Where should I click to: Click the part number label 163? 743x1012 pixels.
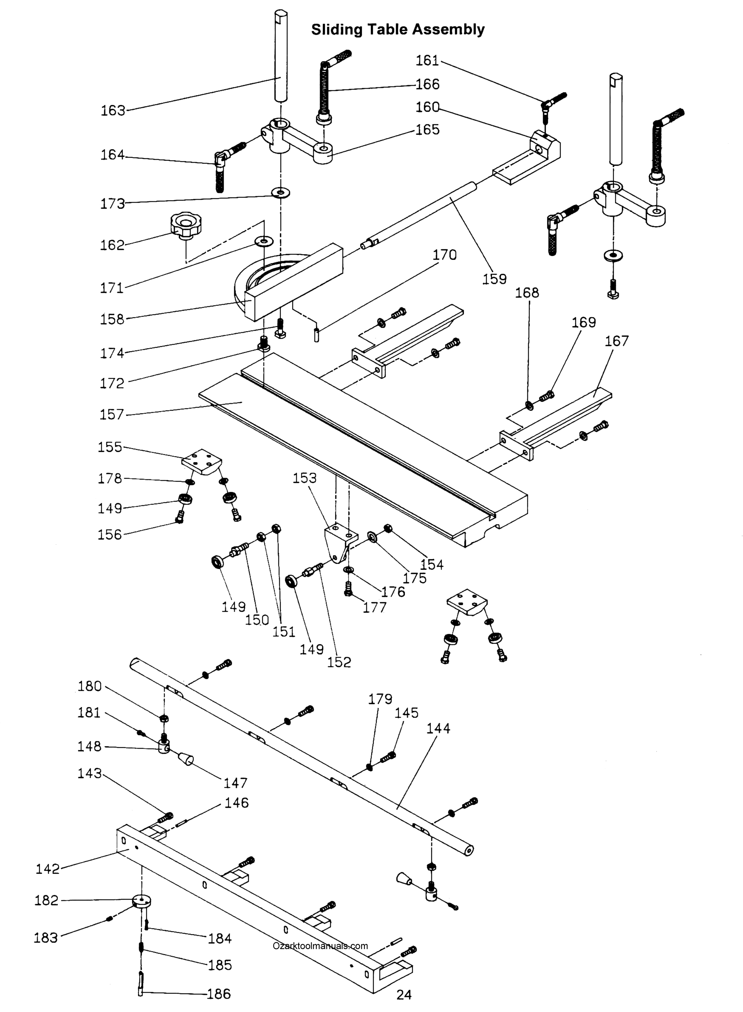pyautogui.click(x=113, y=110)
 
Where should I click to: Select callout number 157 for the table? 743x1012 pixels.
pyautogui.click(x=111, y=414)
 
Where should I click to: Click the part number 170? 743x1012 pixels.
pyautogui.click(x=444, y=255)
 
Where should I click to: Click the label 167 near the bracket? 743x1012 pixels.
pyautogui.click(x=616, y=341)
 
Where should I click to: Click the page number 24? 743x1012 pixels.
pyautogui.click(x=404, y=995)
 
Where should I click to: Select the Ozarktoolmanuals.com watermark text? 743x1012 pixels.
pyautogui.click(x=320, y=946)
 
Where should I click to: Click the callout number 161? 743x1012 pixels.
pyautogui.click(x=427, y=60)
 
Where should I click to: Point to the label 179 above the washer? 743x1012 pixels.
pyautogui.click(x=380, y=699)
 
